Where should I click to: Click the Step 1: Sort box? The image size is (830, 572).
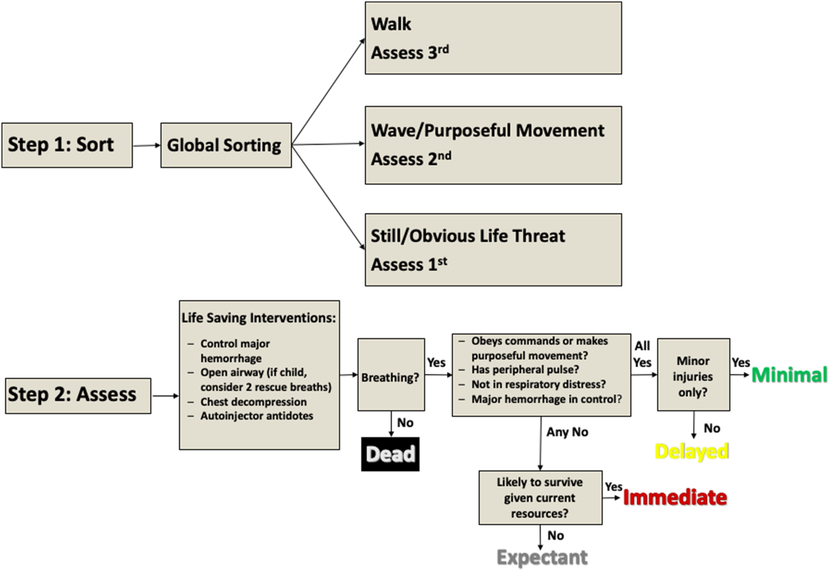pyautogui.click(x=67, y=145)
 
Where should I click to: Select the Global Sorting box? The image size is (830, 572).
pyautogui.click(x=225, y=145)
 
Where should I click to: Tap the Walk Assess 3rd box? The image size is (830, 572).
pyautogui.click(x=493, y=38)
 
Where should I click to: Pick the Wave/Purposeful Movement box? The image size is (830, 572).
pyautogui.click(x=493, y=144)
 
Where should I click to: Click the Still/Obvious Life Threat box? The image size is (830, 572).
pyautogui.click(x=493, y=250)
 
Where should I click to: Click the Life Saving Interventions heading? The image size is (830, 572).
pyautogui.click(x=259, y=318)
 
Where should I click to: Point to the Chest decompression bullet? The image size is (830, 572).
pyautogui.click(x=254, y=402)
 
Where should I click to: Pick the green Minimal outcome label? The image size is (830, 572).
pyautogui.click(x=789, y=375)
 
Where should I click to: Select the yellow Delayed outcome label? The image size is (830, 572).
pyautogui.click(x=692, y=451)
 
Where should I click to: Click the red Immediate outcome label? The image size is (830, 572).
pyautogui.click(x=675, y=498)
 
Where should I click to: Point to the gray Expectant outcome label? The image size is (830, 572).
pyautogui.click(x=542, y=558)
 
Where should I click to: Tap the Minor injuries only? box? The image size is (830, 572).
pyautogui.click(x=693, y=375)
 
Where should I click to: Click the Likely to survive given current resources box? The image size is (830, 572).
pyautogui.click(x=540, y=498)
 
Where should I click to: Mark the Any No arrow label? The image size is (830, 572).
pyautogui.click(x=567, y=432)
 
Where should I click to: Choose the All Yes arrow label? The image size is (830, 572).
pyautogui.click(x=643, y=354)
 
